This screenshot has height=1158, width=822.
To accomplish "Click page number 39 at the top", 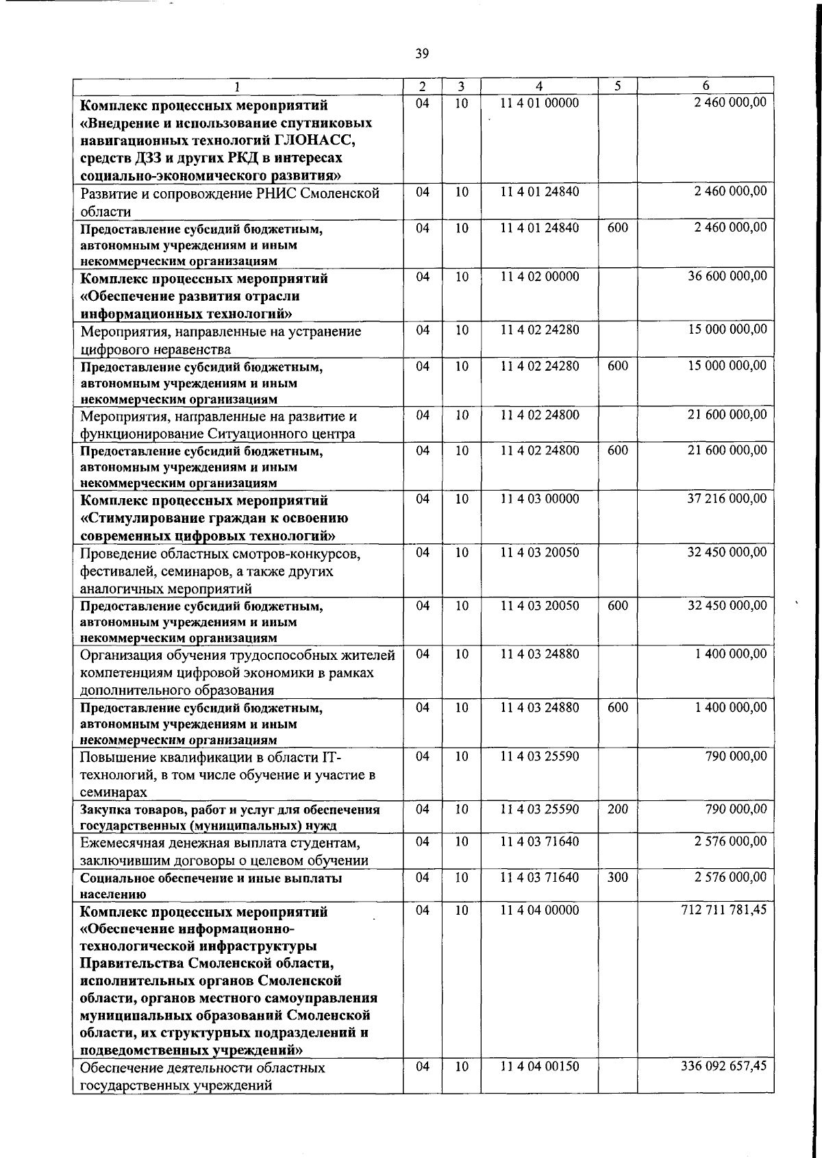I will tap(422, 53).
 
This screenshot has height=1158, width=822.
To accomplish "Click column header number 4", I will tap(539, 86).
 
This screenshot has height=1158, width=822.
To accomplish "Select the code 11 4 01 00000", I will tap(539, 103).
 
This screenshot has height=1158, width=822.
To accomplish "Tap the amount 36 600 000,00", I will tap(727, 276).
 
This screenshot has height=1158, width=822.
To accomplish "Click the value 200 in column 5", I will tap(617, 809).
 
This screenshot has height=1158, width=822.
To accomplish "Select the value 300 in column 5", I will tap(617, 877).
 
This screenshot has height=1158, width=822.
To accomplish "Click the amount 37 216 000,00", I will tap(727, 499).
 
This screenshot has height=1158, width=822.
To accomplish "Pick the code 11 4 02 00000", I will tap(539, 276).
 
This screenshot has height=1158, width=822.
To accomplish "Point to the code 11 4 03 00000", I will tap(539, 499).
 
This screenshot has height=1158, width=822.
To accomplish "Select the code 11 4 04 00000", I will tap(539, 910).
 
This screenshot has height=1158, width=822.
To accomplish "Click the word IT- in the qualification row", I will tap(330, 757).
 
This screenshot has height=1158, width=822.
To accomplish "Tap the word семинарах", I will tap(114, 793).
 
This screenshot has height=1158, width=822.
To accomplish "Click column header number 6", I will tap(706, 86).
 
